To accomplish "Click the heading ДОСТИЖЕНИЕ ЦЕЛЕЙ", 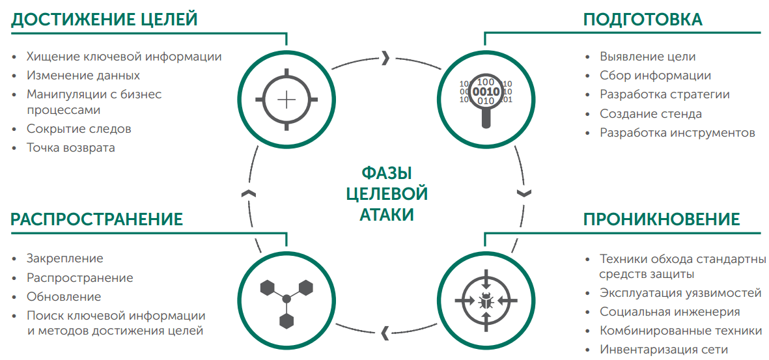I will (104, 19).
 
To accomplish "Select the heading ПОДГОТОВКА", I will (642, 19).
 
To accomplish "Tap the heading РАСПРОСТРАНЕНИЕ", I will (96, 219).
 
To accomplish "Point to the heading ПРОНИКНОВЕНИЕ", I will (662, 219).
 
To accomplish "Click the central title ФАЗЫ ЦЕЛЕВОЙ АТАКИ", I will (387, 193).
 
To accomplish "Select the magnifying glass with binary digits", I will (486, 98).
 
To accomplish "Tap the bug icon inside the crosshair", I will (486, 300).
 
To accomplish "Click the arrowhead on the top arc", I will (385, 58).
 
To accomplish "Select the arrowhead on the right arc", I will (524, 193).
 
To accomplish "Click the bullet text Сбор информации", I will (655, 76).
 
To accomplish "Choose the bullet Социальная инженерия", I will (669, 312).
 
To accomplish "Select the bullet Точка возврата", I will (70, 147).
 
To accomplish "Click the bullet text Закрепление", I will (64, 258).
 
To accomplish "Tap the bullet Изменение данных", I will (83, 76).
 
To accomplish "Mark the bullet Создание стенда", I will (650, 114).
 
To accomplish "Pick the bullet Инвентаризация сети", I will (664, 350).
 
